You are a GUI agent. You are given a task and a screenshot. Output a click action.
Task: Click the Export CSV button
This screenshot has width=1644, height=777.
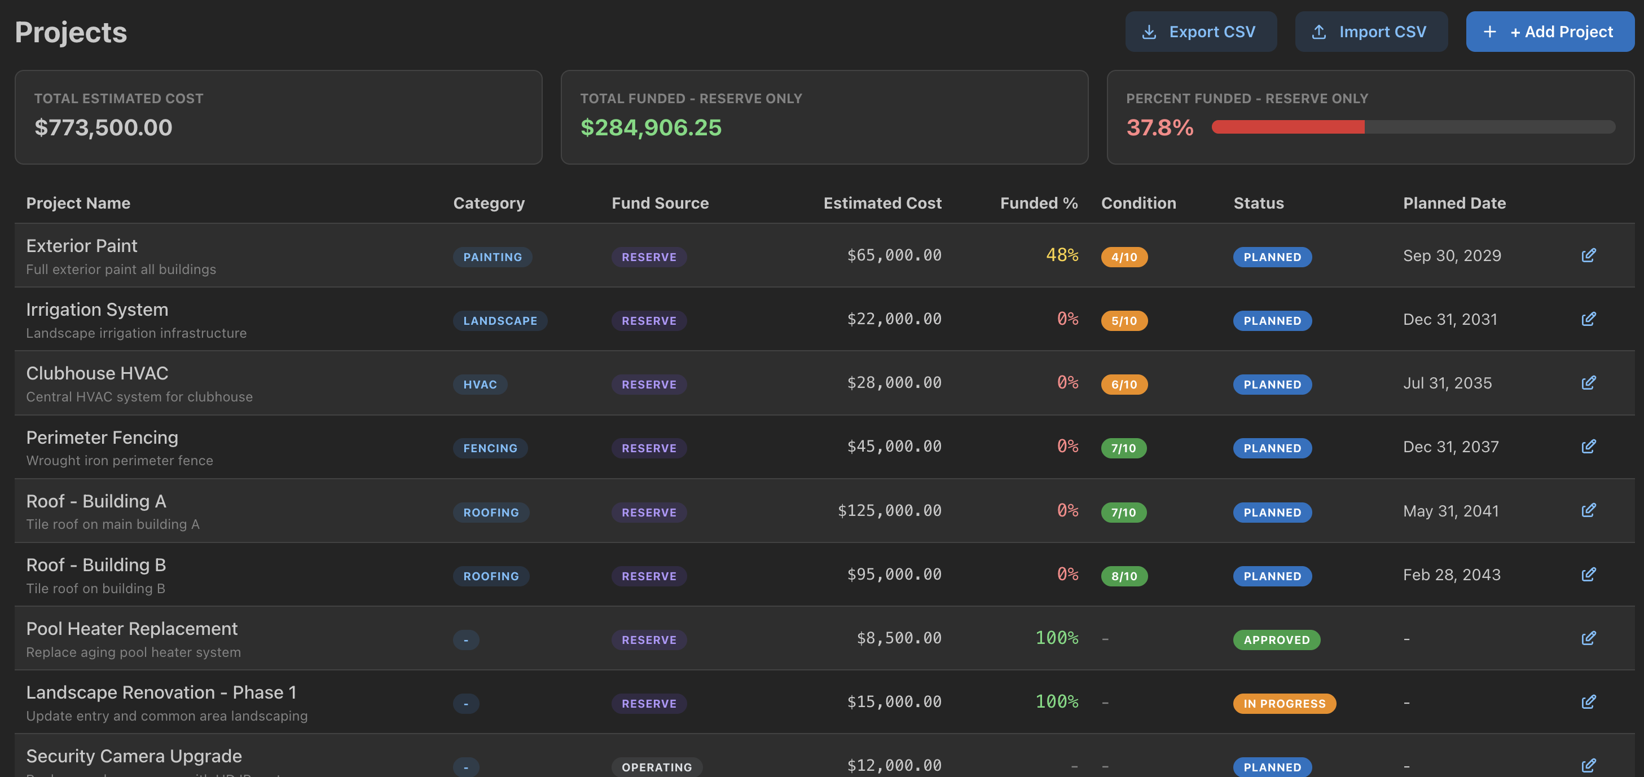1201,32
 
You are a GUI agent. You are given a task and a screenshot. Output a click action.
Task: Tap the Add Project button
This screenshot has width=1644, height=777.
1550,32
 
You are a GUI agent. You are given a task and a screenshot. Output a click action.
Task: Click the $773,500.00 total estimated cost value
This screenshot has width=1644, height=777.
103,127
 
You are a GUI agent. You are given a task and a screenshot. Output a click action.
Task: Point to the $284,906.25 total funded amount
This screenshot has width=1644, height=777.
650,127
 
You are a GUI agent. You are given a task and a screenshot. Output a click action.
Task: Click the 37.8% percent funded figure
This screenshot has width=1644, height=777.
1159,127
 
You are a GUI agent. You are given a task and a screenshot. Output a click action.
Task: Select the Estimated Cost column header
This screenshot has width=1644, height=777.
882,203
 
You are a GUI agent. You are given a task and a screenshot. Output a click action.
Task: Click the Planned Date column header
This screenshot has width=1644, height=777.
1454,203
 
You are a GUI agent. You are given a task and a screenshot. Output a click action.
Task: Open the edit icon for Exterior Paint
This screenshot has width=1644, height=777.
1588,256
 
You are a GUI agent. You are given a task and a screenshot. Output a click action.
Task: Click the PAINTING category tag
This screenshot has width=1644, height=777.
492,257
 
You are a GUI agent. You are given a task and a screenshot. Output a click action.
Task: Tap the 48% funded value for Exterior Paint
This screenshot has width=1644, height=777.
1062,255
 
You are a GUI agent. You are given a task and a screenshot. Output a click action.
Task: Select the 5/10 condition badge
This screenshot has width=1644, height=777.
1124,321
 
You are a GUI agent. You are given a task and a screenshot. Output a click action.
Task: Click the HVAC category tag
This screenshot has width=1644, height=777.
480,385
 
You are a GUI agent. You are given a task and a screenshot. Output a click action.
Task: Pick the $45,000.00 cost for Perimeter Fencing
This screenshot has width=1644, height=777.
894,447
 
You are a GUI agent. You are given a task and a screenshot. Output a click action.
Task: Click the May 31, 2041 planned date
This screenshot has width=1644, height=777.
1450,511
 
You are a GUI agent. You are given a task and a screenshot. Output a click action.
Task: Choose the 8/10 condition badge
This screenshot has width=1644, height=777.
1124,576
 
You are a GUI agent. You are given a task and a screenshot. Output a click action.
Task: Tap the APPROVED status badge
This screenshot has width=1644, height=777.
1276,640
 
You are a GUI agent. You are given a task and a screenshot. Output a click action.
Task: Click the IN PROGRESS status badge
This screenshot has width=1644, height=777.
1284,704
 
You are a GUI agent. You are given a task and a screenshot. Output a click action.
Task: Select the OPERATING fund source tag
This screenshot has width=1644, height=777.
656,767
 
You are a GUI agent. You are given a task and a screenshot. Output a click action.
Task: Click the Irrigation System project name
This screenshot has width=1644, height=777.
97,310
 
